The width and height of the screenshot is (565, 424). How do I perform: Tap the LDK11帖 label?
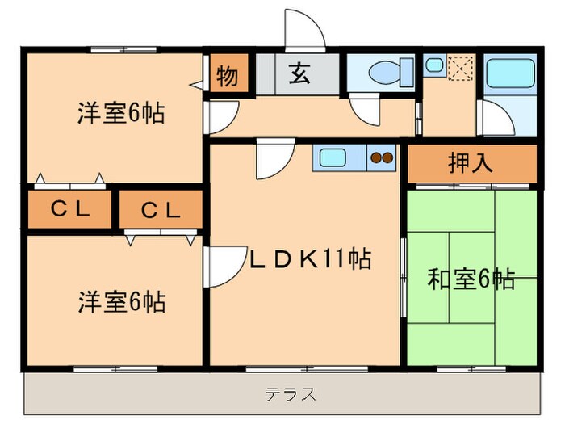tap(308, 260)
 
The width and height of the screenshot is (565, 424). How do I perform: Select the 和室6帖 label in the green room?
tap(471, 279)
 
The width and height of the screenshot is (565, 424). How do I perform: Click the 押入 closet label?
tap(470, 164)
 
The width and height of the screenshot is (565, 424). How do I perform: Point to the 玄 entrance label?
tap(298, 75)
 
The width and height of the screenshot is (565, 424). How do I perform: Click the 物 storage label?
tap(227, 77)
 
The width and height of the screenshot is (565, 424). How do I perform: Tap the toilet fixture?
tap(382, 74)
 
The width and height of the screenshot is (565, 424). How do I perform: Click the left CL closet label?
tap(70, 208)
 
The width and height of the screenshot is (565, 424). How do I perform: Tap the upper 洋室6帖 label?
tap(121, 113)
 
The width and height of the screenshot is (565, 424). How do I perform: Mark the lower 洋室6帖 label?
tap(122, 303)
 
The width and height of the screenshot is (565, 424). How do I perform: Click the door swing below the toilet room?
tap(363, 109)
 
